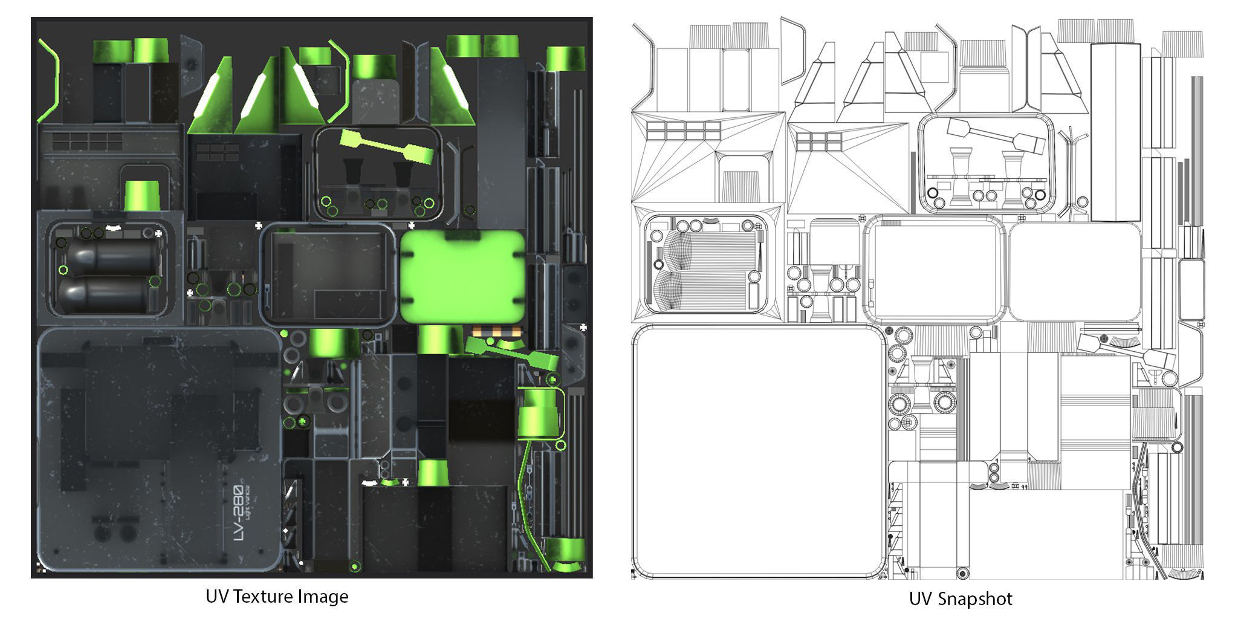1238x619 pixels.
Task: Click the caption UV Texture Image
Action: pyautogui.click(x=277, y=597)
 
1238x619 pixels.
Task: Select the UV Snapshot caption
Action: pyautogui.click(x=960, y=599)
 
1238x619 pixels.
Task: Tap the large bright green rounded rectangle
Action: pyautogui.click(x=462, y=277)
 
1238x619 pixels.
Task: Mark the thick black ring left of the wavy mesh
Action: pyautogui.click(x=658, y=264)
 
